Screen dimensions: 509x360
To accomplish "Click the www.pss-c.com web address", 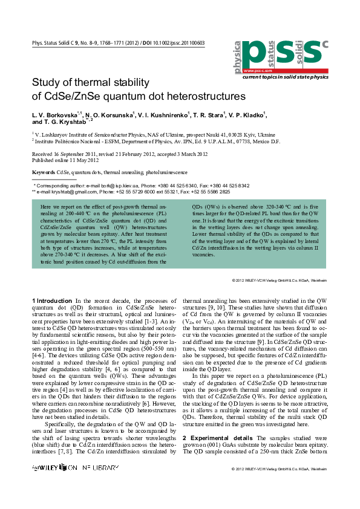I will click(x=254, y=71).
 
